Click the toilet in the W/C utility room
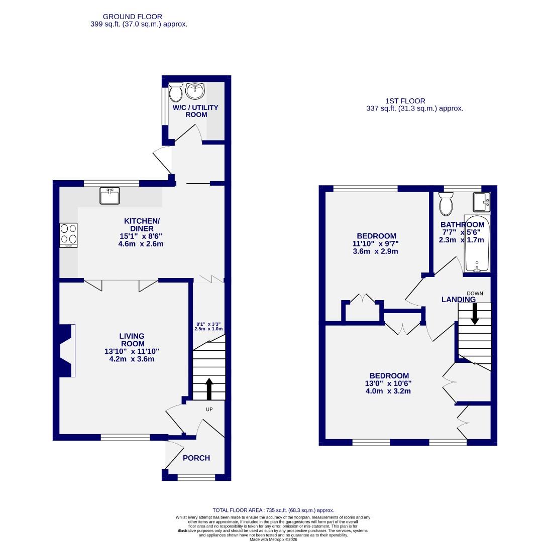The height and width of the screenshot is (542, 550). coord(176,92)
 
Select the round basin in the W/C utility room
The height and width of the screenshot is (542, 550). coord(195,91)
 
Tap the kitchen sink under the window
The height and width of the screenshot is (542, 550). coord(109,195)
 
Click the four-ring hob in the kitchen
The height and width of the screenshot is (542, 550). coord(69,235)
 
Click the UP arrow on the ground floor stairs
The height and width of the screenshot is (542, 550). coord(209,388)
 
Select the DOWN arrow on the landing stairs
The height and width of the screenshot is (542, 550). coord(475,314)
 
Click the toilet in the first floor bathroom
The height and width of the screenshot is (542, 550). coord(445,203)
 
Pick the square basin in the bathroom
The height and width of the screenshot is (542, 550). coord(481,202)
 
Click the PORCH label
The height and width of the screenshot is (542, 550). coord(196,458)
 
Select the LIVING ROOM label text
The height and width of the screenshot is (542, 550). coord(132,340)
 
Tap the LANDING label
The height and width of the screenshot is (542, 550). coord(458,300)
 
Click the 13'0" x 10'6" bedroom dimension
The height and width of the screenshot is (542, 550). coord(389,383)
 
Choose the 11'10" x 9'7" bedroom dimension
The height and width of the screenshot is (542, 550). coord(376,244)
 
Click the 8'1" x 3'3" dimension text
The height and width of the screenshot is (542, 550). coord(208,324)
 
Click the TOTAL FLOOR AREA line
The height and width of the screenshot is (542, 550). coord(273,510)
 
